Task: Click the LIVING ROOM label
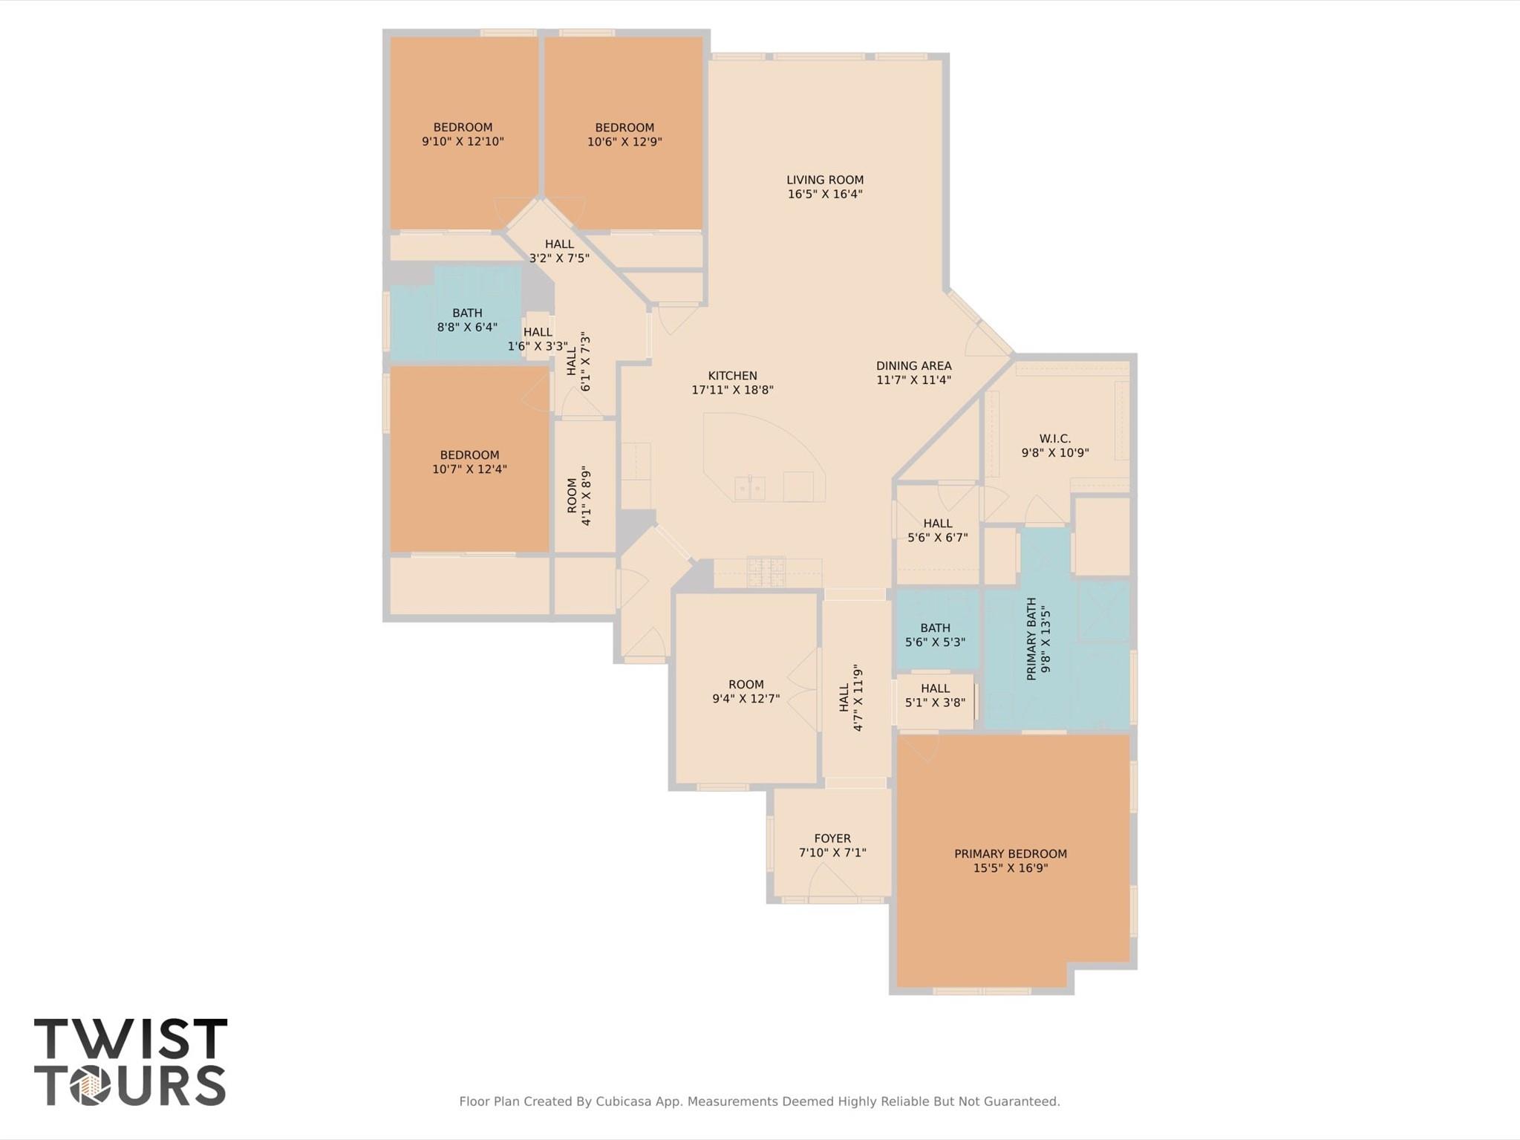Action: [824, 180]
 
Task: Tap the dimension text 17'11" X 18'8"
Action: [732, 390]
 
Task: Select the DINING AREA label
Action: [913, 365]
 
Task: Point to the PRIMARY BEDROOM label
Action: [1010, 854]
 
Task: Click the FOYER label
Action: [832, 838]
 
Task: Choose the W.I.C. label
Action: [1054, 439]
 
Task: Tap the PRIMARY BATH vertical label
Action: [1031, 639]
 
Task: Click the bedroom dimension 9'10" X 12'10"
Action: [463, 142]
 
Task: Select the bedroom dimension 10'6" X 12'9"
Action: [624, 142]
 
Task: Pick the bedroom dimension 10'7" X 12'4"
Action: [469, 469]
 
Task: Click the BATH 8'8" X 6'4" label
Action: [467, 320]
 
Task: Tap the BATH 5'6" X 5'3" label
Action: [935, 635]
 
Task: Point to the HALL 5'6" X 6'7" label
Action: [937, 530]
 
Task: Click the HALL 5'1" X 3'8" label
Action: [935, 695]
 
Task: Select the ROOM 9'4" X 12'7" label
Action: [746, 691]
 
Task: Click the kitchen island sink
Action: [750, 488]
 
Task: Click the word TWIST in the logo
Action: [131, 1039]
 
